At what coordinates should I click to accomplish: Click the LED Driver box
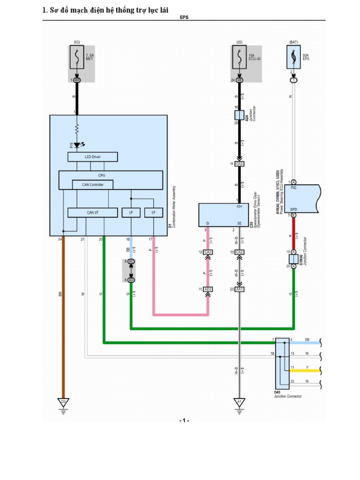pos(93,157)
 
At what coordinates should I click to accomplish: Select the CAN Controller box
pos(93,184)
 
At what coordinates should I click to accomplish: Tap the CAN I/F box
pos(93,213)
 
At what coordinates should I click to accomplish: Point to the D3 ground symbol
pos(63,402)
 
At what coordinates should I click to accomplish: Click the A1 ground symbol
pos(240,402)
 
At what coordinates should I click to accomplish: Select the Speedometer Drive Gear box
pos(223,215)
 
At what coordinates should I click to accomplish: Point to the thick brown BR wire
pos(63,319)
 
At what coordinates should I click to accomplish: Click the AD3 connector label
pos(209,289)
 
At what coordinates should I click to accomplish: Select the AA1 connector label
pos(240,289)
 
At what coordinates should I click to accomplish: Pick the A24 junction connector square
pos(240,115)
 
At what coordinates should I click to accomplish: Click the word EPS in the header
pos(184,17)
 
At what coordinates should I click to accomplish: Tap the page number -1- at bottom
pos(184,420)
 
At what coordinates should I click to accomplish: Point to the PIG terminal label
pos(294,187)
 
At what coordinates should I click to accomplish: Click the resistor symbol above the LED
pos(77,128)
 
